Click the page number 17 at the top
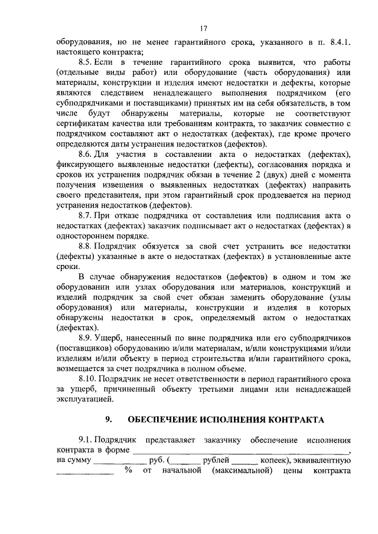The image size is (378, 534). tap(203, 28)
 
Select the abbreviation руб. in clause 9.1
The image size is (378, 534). tap(157, 461)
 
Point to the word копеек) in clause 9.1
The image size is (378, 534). tap(272, 461)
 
